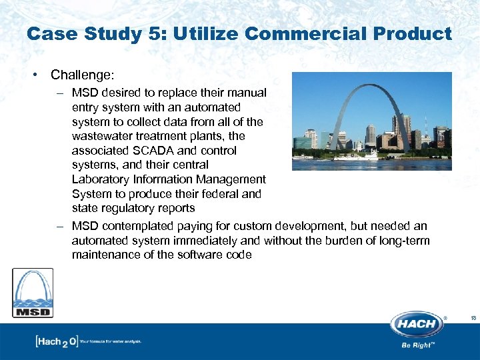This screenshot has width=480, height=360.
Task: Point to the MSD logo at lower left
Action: coord(33,293)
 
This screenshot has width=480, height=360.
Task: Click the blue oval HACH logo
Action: coord(417,325)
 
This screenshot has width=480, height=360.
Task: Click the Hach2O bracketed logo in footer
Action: coord(56,342)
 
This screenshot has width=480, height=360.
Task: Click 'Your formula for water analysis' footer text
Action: coord(111,342)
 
